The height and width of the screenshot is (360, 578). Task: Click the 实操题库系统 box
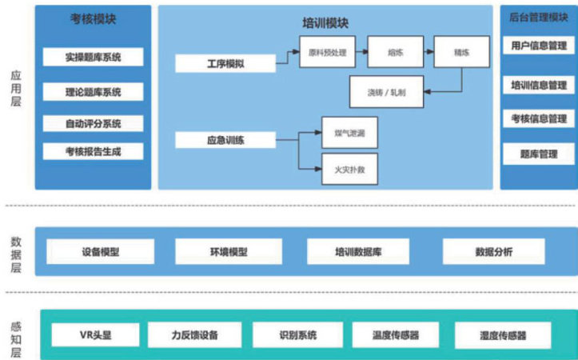[93, 58]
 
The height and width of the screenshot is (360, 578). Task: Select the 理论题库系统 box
[93, 92]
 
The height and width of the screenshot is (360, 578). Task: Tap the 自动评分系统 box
[93, 123]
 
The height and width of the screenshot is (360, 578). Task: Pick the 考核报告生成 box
[93, 150]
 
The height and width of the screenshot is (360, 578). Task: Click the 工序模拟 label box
[225, 63]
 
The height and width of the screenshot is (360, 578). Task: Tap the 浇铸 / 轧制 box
[387, 92]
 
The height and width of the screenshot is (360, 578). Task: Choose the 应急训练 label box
[225, 141]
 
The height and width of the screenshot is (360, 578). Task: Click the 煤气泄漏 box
[349, 132]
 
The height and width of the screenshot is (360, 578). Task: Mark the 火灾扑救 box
[349, 169]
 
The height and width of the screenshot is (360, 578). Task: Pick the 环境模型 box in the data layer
[223, 252]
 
